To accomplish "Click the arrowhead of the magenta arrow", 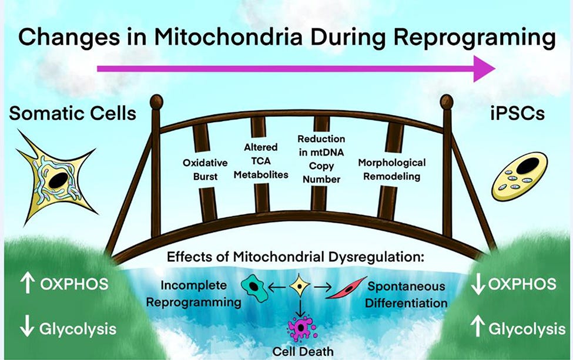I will [x=484, y=69].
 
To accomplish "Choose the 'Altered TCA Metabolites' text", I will [x=261, y=162].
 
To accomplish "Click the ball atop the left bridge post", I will [x=156, y=101].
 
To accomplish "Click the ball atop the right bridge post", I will [x=447, y=101].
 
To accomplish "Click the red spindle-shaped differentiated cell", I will [x=346, y=287].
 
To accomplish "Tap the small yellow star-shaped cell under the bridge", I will [x=301, y=287].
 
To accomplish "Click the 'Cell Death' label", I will [x=301, y=351].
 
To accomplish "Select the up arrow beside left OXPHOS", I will [x=25, y=284].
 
